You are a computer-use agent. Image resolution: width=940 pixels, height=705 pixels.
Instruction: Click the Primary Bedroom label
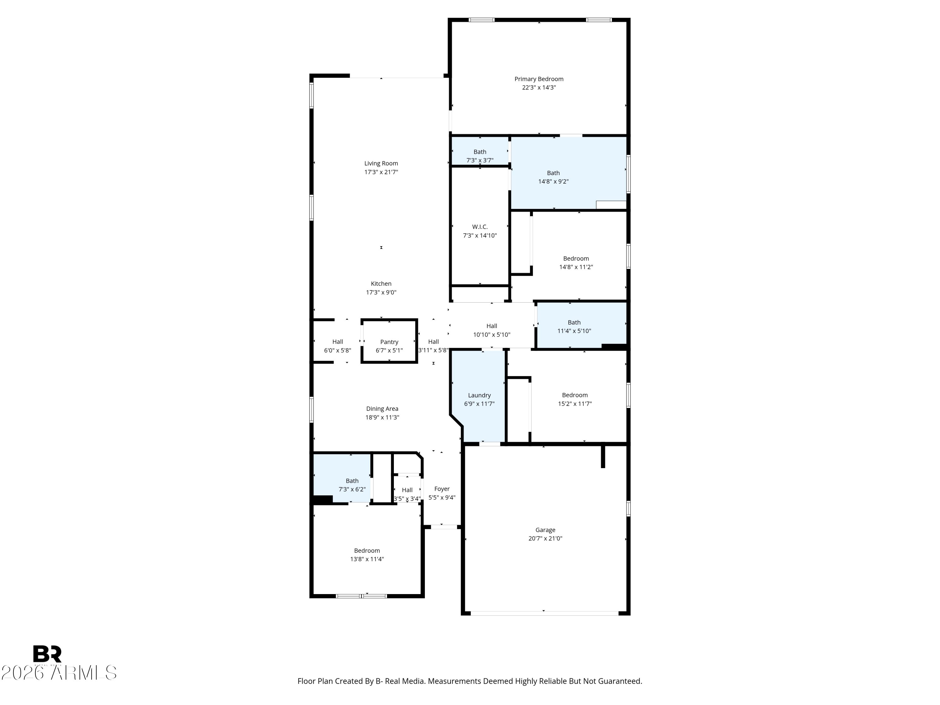(x=539, y=79)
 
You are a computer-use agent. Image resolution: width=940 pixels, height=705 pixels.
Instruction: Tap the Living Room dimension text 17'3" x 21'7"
(x=381, y=172)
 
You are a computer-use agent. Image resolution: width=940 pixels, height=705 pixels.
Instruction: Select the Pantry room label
(x=389, y=342)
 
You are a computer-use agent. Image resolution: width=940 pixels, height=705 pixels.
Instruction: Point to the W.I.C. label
(x=480, y=227)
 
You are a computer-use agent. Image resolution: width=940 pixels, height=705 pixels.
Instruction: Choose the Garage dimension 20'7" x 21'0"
(x=545, y=538)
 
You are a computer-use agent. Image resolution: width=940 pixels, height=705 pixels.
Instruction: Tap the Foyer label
(x=442, y=489)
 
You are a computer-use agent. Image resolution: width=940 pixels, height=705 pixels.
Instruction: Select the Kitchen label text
(x=381, y=284)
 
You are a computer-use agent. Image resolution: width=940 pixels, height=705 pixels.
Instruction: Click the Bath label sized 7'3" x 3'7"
(x=480, y=152)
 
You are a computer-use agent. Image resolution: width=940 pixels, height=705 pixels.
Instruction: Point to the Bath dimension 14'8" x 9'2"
(x=553, y=181)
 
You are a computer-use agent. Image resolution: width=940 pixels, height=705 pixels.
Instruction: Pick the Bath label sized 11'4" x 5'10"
(x=574, y=322)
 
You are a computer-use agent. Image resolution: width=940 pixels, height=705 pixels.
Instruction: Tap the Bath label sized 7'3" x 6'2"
(x=352, y=481)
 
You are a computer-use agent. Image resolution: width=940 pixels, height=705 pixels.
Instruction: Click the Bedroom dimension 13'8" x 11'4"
(x=367, y=559)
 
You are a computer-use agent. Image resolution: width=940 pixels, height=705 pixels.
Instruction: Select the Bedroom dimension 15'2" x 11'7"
(x=575, y=404)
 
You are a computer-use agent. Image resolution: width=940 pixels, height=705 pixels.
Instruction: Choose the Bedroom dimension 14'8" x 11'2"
(x=576, y=267)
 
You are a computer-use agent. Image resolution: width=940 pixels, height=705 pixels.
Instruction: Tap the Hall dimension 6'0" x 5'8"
(x=338, y=351)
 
